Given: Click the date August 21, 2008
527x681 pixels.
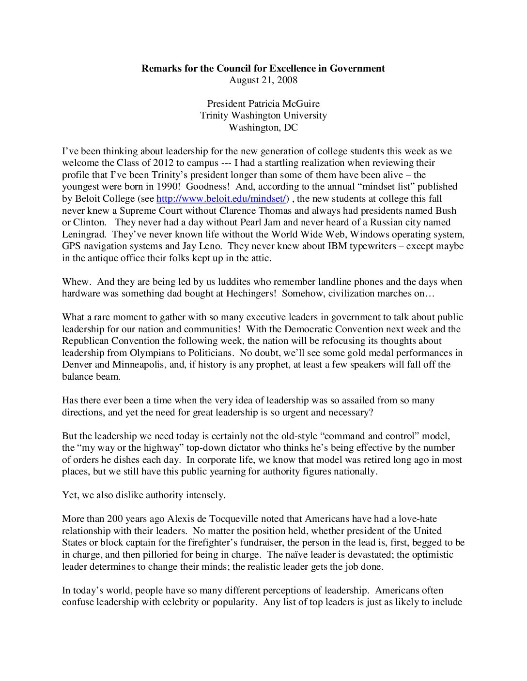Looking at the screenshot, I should tap(263, 80).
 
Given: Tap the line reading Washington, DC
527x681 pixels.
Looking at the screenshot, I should tap(263, 127).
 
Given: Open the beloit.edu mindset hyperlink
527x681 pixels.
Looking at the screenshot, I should tap(222, 198).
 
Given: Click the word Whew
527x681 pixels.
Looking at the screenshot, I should tap(76, 281).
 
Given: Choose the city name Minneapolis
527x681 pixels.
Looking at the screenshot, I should tap(139, 365).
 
